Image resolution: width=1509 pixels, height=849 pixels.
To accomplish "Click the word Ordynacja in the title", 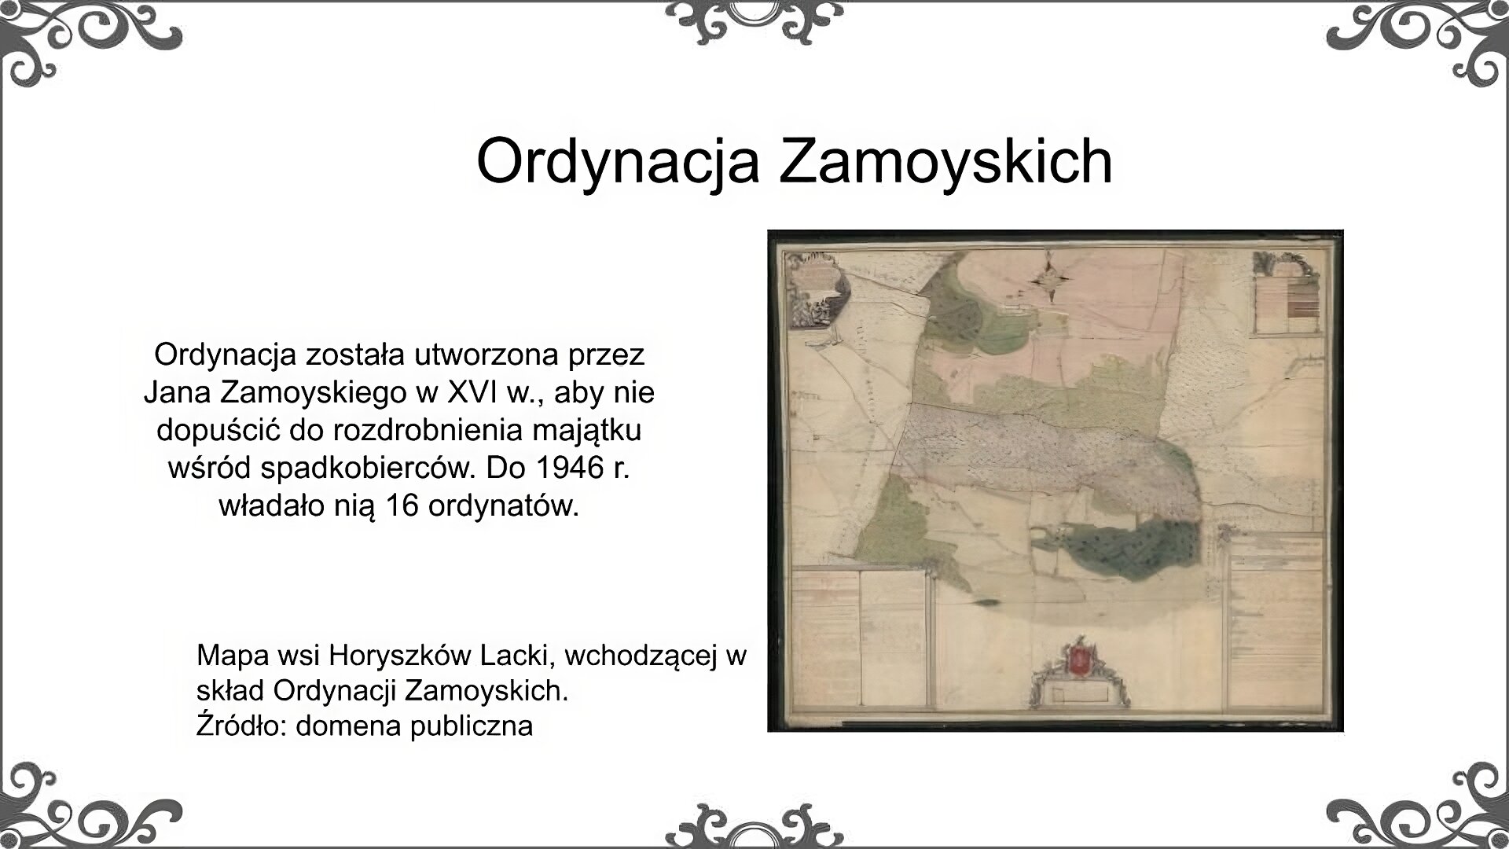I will click(x=617, y=161).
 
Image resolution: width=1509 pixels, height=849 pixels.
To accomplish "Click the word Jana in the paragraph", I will click(x=174, y=391).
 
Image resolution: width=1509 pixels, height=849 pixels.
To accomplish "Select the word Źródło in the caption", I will click(x=241, y=725).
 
